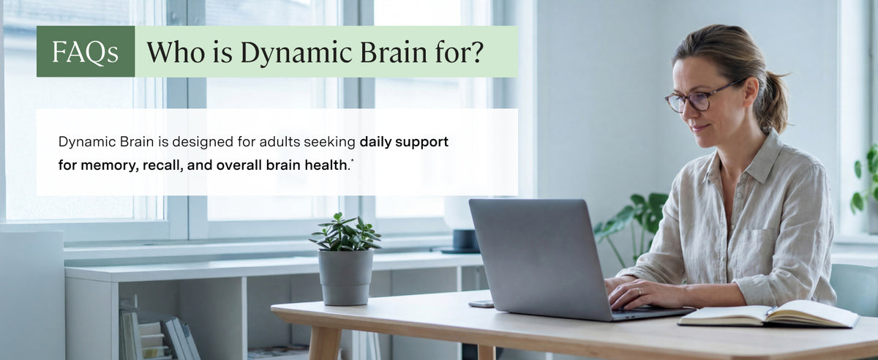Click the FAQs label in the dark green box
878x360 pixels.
85,52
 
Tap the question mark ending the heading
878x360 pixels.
476,52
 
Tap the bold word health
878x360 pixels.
326,165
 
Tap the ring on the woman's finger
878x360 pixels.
639,291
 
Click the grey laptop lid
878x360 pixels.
540,257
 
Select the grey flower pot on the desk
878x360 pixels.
345,277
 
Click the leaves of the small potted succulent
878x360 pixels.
345,233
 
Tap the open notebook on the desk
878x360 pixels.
768,315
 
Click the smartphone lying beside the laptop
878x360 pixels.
481,304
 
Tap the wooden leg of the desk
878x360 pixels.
324,342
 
